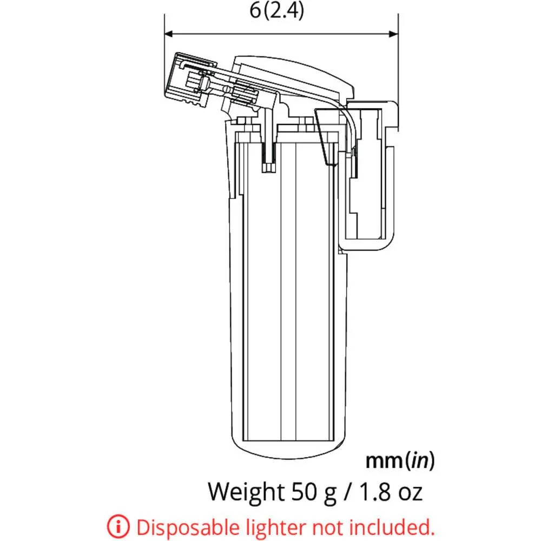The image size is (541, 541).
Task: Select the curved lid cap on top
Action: coord(295,70)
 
